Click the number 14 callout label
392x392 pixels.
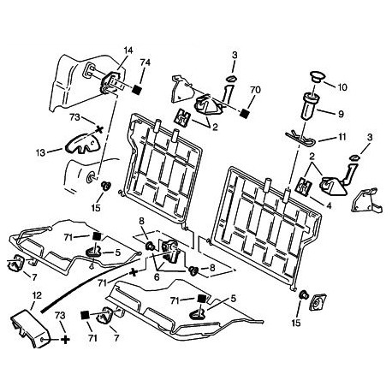click(128, 50)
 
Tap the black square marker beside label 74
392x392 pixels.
click(138, 89)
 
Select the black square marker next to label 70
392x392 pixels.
click(244, 113)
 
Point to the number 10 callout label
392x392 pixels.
click(342, 87)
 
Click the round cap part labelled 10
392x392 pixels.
click(317, 77)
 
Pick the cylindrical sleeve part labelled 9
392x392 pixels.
click(310, 106)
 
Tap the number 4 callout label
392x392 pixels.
click(329, 205)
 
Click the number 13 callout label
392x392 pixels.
click(40, 153)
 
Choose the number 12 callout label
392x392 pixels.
click(38, 295)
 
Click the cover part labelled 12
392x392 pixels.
click(30, 328)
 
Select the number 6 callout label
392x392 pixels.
click(157, 276)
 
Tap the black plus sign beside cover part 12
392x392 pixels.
click(66, 340)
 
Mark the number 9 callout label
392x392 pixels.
click(341, 114)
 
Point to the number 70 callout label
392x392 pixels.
click(255, 90)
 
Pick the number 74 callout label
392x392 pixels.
click(145, 62)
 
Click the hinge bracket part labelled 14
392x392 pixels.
click(110, 82)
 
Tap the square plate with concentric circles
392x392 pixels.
click(318, 304)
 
